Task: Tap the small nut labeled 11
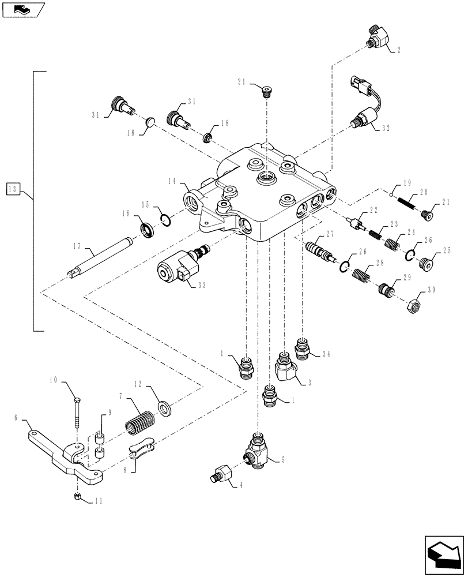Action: [77, 497]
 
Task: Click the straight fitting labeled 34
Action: [303, 348]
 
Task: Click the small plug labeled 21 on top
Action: [266, 90]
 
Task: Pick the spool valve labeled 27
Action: [318, 252]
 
